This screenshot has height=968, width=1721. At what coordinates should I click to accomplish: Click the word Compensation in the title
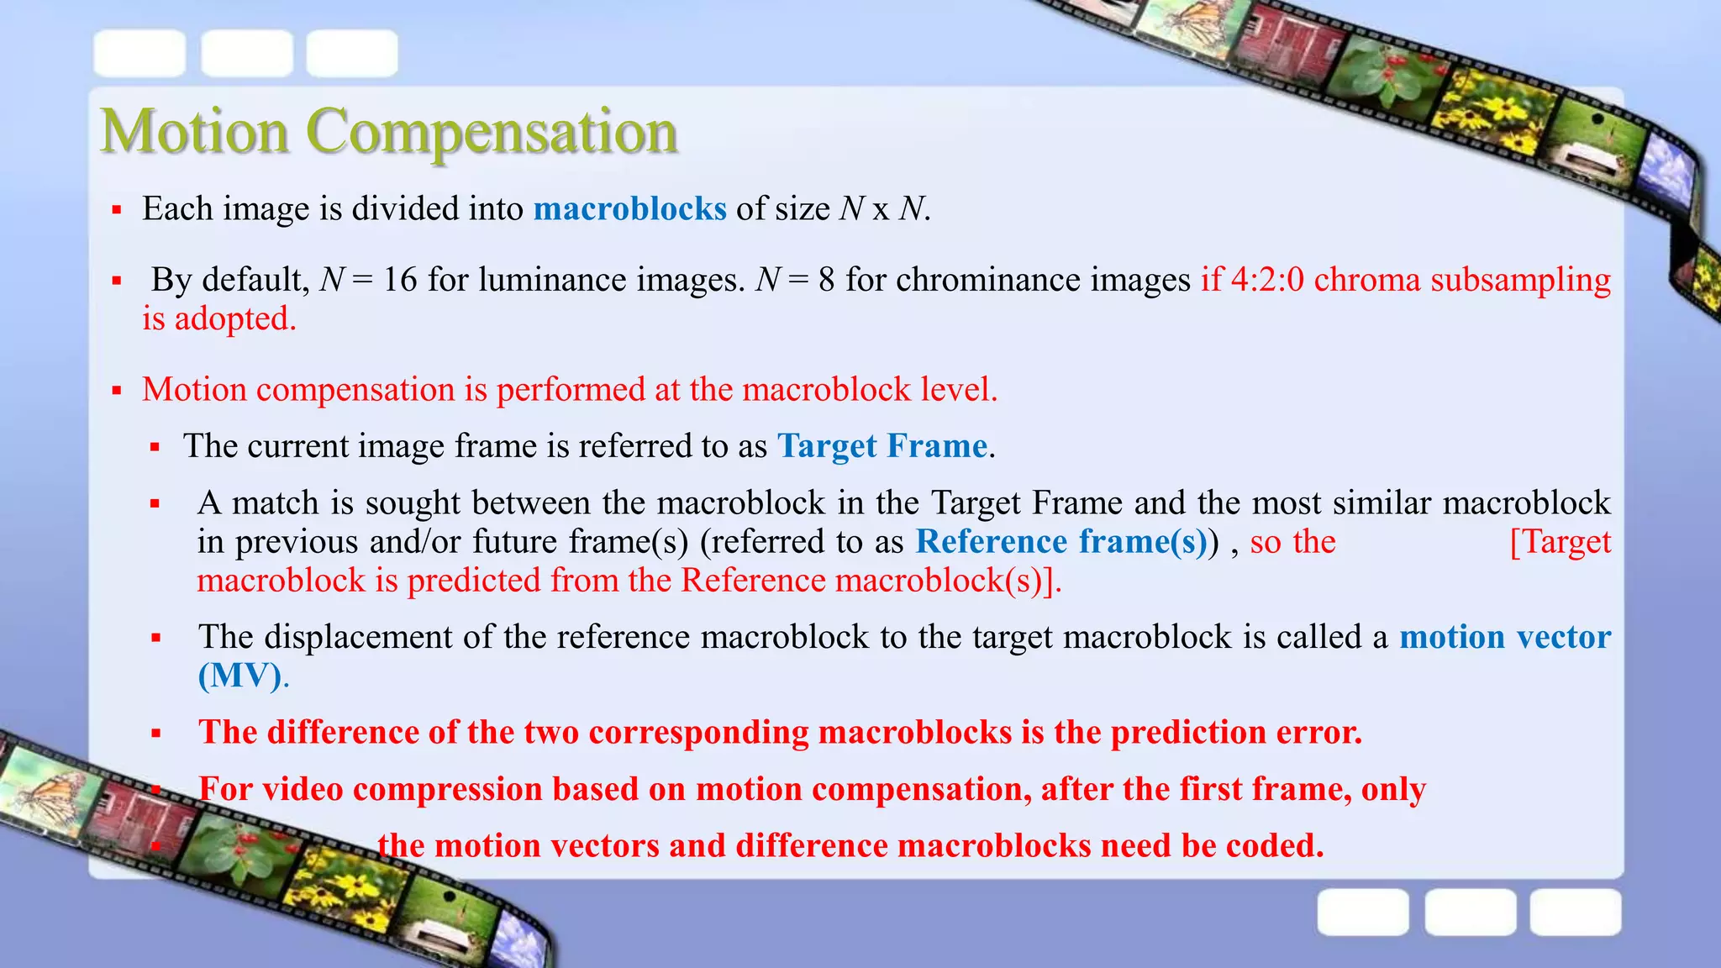(x=491, y=133)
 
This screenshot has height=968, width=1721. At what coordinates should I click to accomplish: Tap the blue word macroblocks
(x=629, y=208)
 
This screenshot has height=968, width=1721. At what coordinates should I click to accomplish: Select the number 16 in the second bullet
(x=400, y=280)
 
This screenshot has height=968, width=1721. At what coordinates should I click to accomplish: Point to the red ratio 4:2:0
(x=1267, y=280)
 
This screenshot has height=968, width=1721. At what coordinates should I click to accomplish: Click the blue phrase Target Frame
(x=882, y=446)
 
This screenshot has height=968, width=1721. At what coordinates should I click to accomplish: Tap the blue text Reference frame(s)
(x=1061, y=542)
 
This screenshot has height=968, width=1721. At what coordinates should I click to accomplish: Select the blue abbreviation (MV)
(x=239, y=676)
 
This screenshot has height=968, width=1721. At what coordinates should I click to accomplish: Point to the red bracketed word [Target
(x=1560, y=542)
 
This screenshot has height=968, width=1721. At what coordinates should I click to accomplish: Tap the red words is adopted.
(x=218, y=319)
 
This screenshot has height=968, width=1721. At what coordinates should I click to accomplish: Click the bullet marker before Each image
(x=118, y=209)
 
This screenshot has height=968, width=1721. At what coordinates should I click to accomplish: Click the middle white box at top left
(x=247, y=53)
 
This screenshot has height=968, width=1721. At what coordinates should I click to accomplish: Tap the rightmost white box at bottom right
(x=1575, y=912)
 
